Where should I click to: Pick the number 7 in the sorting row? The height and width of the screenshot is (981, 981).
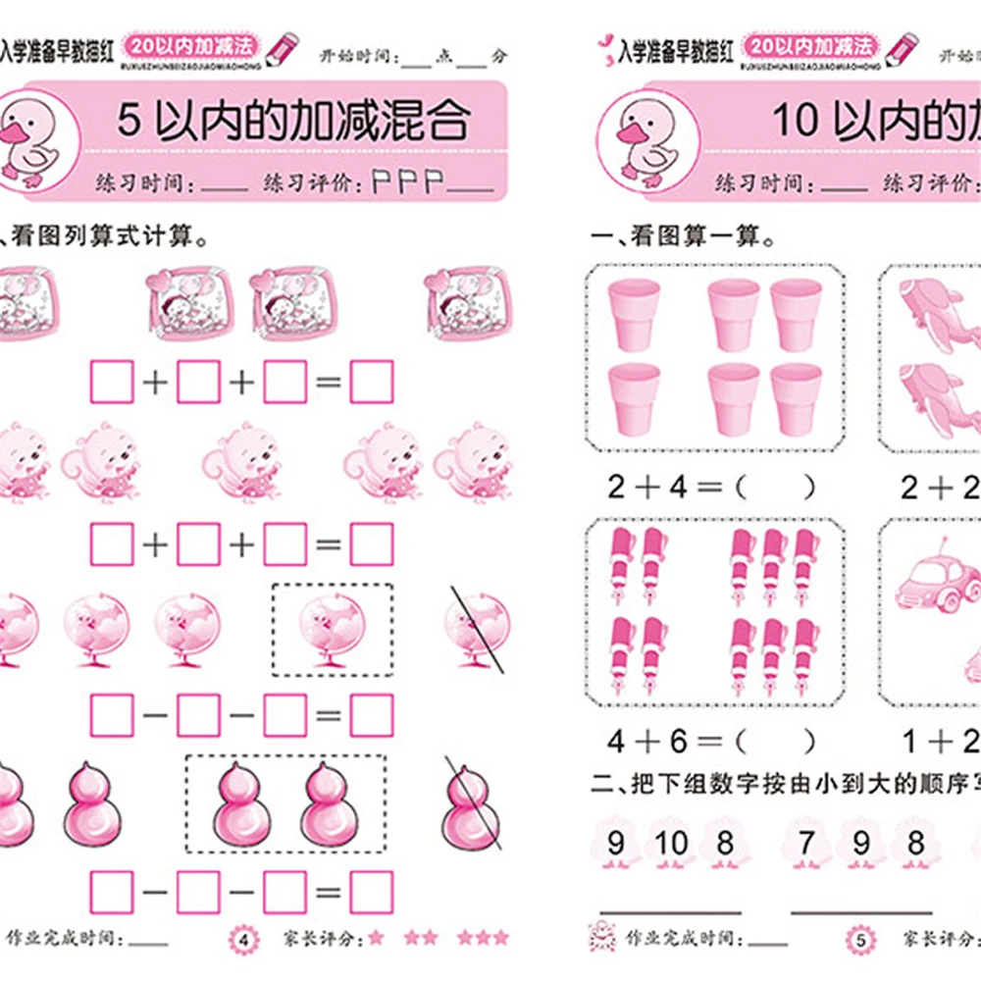point(806,843)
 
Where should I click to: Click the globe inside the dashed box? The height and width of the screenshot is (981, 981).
point(333,629)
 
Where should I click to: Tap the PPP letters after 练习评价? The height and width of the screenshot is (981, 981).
point(407,181)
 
